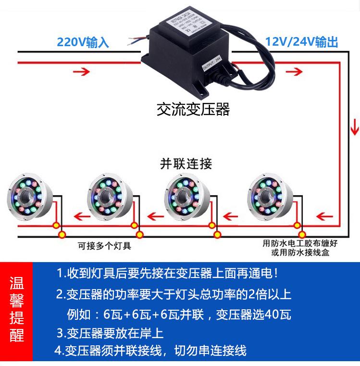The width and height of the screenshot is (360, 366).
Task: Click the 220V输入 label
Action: coord(83,42)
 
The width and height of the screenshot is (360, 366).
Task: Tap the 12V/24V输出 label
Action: coord(301,42)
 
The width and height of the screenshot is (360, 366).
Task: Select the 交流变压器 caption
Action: coord(193,110)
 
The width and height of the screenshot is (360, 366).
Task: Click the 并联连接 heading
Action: coord(186,164)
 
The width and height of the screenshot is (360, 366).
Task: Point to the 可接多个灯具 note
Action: coord(104,246)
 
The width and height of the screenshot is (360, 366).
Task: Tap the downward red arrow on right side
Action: coord(355,128)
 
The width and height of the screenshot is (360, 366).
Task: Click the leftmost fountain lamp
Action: coord(26,198)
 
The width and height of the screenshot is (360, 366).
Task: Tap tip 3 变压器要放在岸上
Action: coord(110,333)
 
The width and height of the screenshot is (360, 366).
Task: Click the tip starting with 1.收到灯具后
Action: coord(167,274)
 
